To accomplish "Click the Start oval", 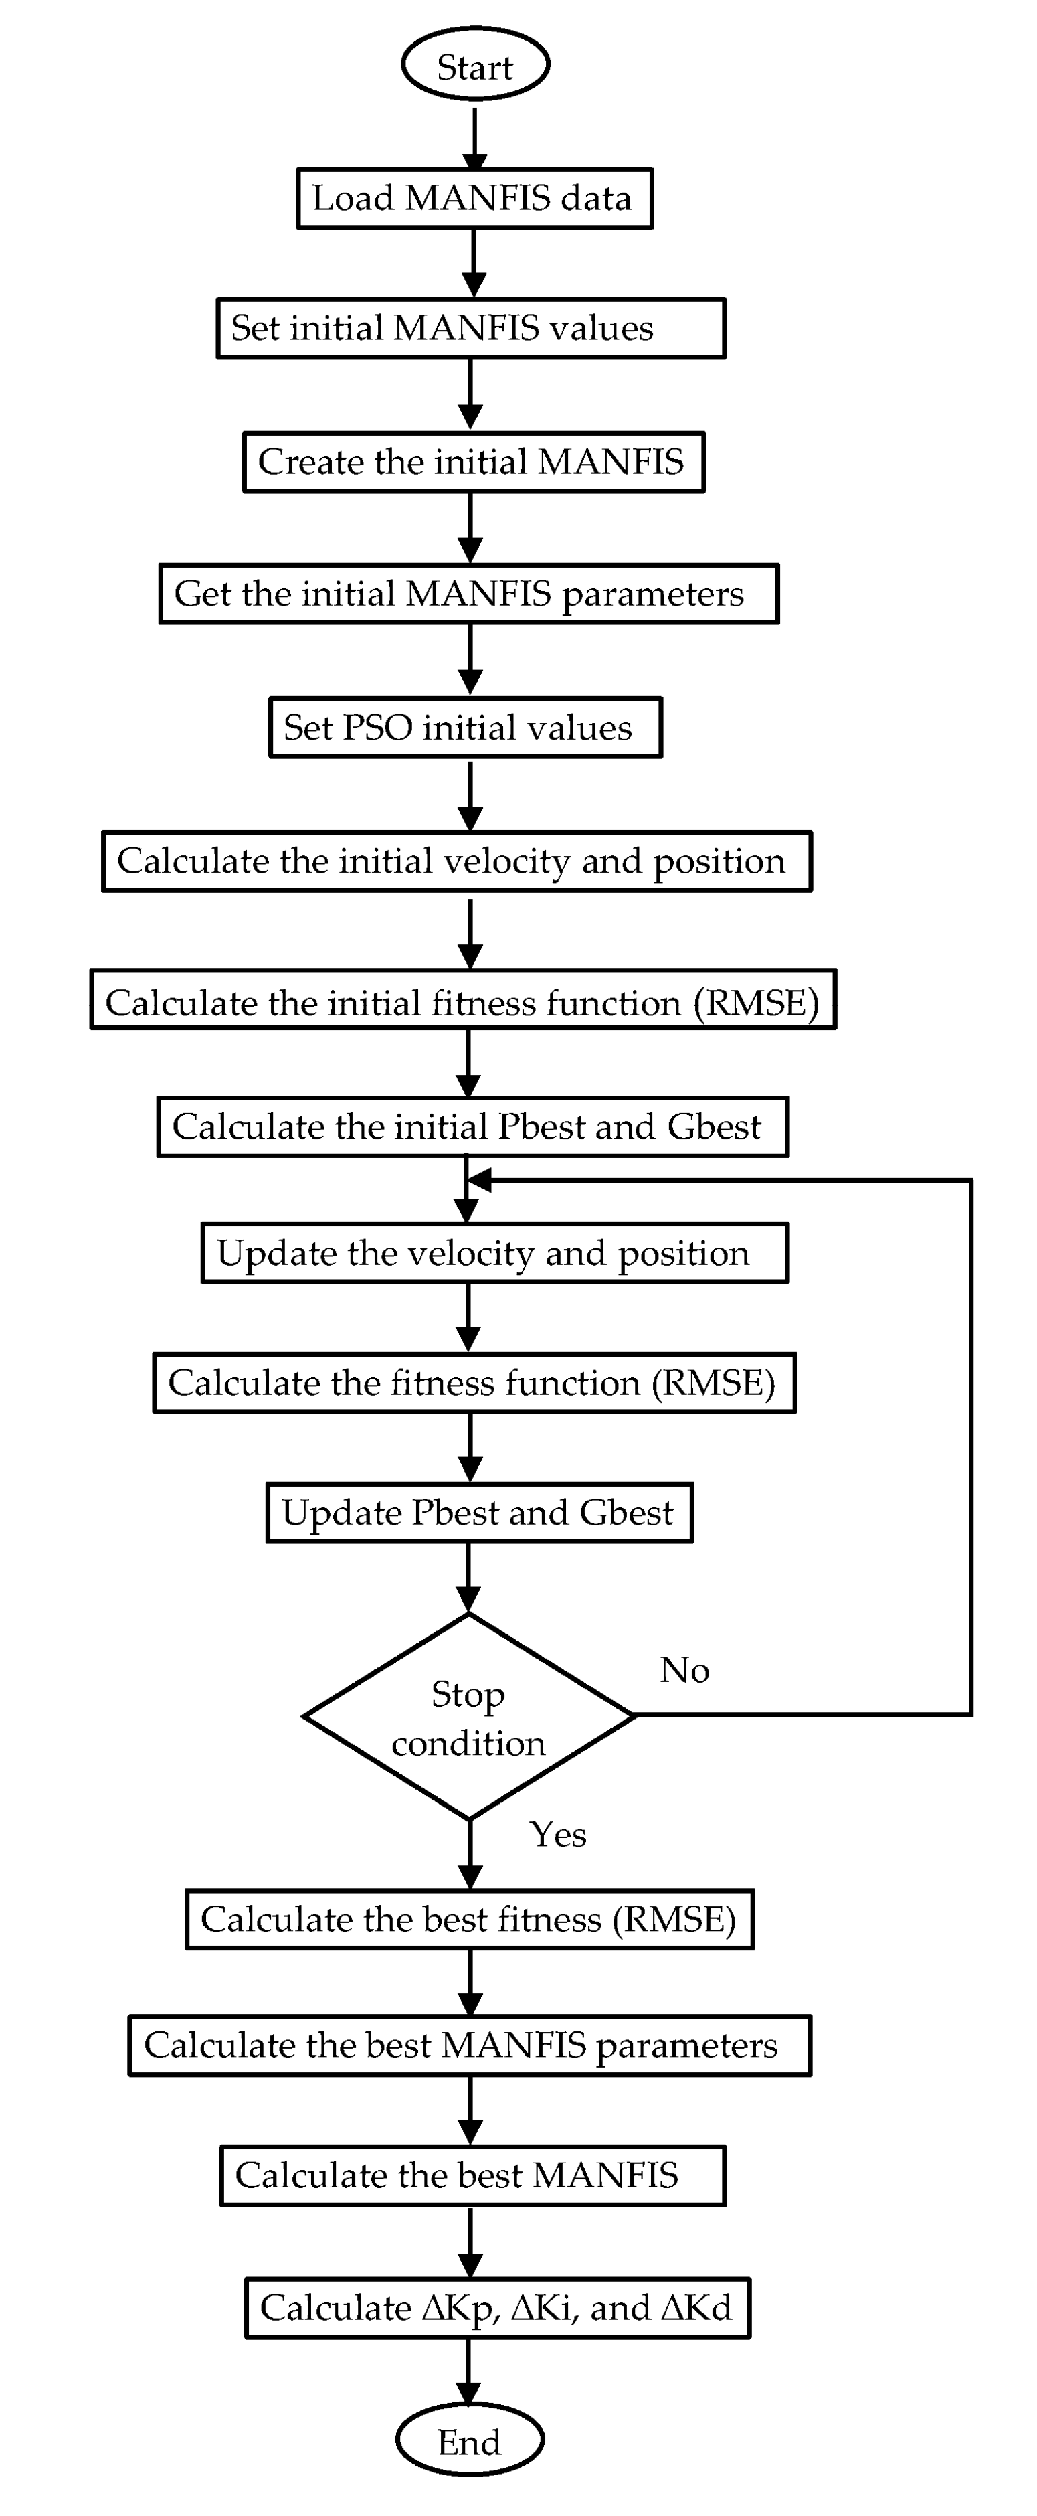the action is [x=476, y=64].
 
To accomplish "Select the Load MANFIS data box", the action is [x=474, y=198].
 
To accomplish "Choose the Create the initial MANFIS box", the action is [x=474, y=462].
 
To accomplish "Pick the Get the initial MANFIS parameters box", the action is [x=469, y=594].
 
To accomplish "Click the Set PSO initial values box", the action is [x=466, y=728].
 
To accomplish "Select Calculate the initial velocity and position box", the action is [x=457, y=861].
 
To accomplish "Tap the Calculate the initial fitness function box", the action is [x=463, y=999].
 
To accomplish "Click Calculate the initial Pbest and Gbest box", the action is [x=472, y=1127].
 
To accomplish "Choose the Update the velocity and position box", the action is [x=494, y=1253].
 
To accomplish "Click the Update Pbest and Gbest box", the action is [x=480, y=1513].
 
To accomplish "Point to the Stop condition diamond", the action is [x=470, y=1716].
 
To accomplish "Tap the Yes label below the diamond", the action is [x=557, y=1834].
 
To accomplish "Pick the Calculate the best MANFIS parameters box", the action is [x=470, y=2045].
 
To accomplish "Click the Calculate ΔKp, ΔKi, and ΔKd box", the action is [x=497, y=2308].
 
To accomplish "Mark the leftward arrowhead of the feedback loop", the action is [x=478, y=1180].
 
